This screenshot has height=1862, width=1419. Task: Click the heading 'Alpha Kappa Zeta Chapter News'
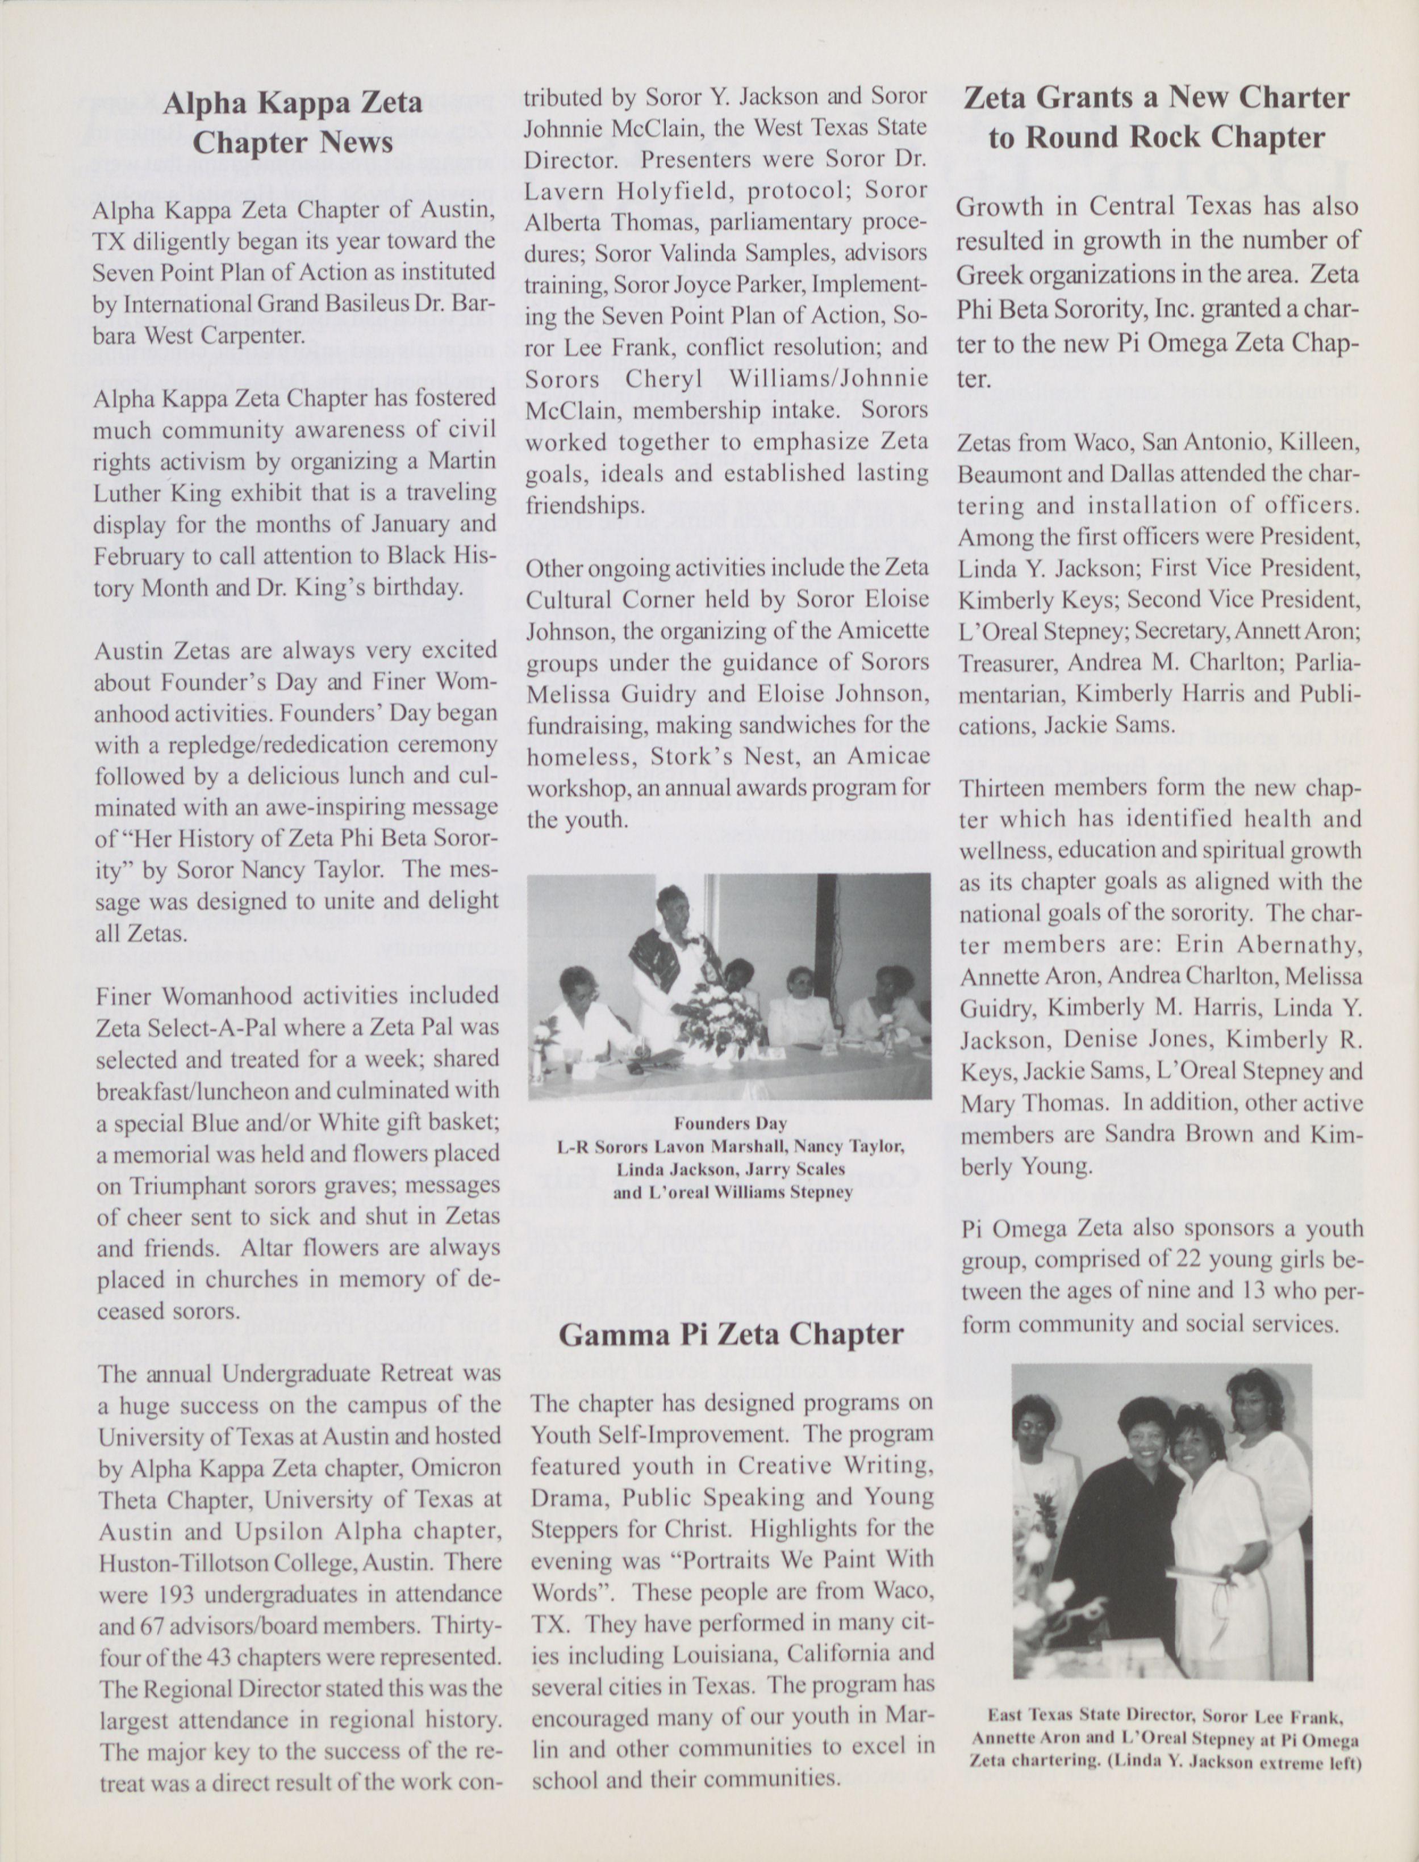click(292, 123)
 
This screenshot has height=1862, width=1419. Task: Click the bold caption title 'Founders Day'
click(730, 1124)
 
